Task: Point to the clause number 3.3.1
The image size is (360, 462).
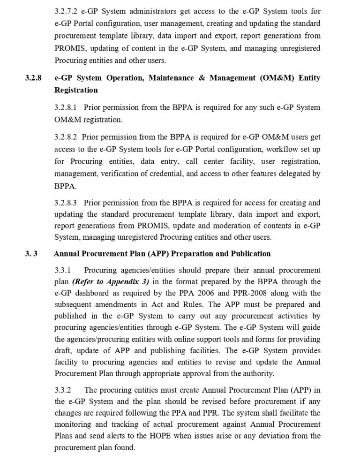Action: click(62, 271)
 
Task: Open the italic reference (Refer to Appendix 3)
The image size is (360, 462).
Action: click(110, 282)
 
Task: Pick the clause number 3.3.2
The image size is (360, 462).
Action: click(62, 391)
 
